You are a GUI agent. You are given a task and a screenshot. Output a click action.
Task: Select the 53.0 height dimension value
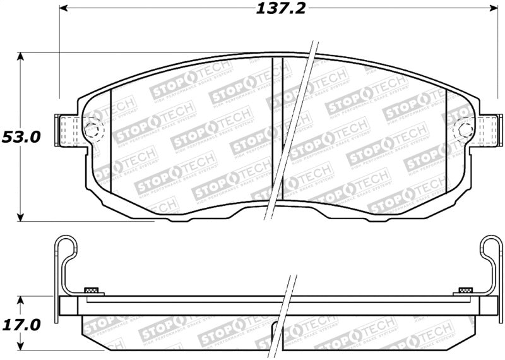[21, 136]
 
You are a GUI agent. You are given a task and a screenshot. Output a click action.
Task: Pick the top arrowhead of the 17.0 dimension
[21, 299]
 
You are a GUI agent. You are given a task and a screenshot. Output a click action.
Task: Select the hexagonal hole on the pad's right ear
[465, 131]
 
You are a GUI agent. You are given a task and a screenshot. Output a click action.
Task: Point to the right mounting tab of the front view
[486, 131]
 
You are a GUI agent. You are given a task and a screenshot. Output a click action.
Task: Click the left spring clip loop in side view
[66, 248]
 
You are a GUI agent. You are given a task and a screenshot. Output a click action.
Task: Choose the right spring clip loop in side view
[491, 248]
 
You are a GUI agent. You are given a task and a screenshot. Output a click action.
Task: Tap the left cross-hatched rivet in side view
[92, 290]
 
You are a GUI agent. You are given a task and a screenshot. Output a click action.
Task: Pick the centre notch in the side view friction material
[277, 328]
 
